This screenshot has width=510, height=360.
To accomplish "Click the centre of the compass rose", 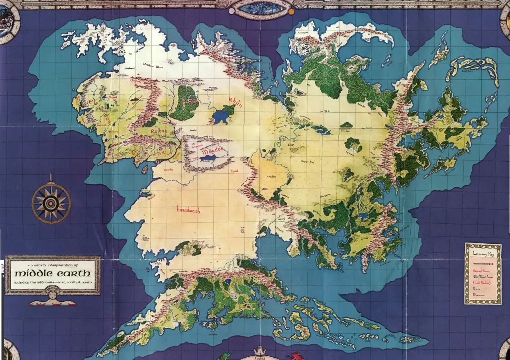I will [x=51, y=203].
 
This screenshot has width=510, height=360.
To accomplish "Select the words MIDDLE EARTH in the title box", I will [x=52, y=274].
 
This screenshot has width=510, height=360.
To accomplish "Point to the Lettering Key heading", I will [x=483, y=253].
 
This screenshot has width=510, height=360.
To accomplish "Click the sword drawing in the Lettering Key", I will [x=483, y=264].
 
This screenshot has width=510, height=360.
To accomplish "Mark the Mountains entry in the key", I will [x=479, y=295].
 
